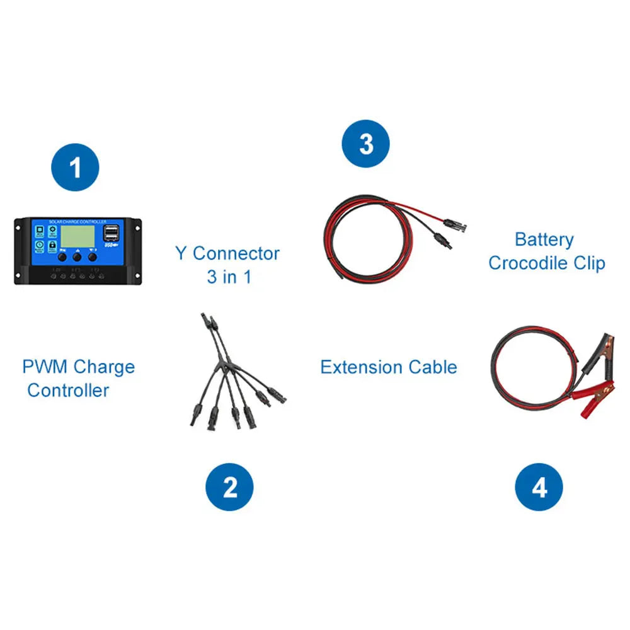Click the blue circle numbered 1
(x=76, y=168)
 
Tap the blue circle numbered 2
(x=230, y=487)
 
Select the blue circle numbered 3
(x=365, y=144)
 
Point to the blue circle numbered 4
(x=539, y=487)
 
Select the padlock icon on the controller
(x=39, y=257)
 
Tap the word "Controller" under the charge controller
(x=68, y=390)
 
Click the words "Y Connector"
(x=227, y=254)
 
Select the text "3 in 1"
(x=229, y=277)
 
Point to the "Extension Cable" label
(x=389, y=367)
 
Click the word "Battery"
(x=544, y=239)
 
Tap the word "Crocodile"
(x=527, y=263)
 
